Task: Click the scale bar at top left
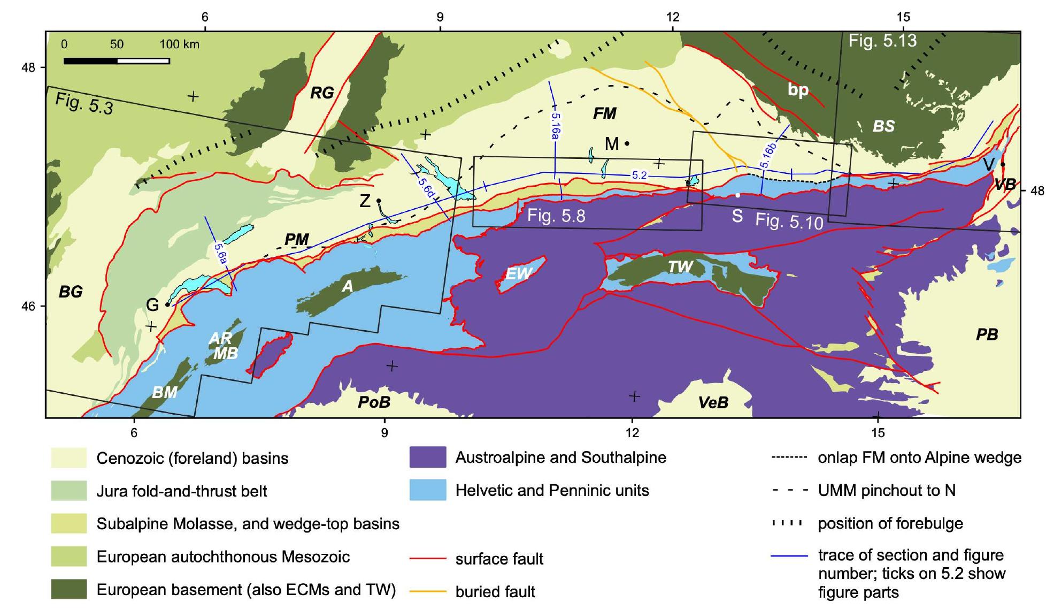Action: (116, 60)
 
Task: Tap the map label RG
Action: (322, 93)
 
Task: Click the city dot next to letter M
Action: (627, 143)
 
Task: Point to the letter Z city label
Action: (365, 201)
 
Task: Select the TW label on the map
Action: (680, 267)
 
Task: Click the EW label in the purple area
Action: (519, 274)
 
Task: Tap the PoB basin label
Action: (374, 401)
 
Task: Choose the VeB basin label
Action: (713, 402)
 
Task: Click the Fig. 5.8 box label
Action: (556, 216)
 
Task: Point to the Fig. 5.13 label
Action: (882, 41)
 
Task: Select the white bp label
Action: (798, 90)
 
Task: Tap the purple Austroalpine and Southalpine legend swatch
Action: (427, 457)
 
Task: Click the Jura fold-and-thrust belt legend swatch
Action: (69, 491)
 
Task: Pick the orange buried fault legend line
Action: (427, 591)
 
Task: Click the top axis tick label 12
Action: (672, 17)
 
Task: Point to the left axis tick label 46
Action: (28, 306)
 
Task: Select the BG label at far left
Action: (71, 292)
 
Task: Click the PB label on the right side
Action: (987, 335)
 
